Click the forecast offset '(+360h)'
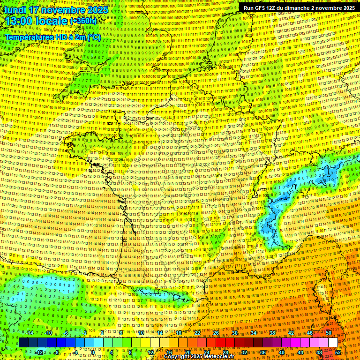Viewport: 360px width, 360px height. (83, 21)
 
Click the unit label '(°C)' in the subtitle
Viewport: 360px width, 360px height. (92, 37)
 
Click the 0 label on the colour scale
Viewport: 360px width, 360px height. (93, 352)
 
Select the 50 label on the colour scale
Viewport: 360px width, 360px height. (329, 333)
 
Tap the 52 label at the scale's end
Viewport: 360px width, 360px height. (338, 352)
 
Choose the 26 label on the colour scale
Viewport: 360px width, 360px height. (216, 333)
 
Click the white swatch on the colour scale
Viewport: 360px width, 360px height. (333, 343)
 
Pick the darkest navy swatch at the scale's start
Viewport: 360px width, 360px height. (23, 343)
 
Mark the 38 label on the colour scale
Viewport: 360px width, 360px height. (272, 333)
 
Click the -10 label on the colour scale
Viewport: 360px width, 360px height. (48, 333)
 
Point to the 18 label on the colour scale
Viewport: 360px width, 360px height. (179, 333)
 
